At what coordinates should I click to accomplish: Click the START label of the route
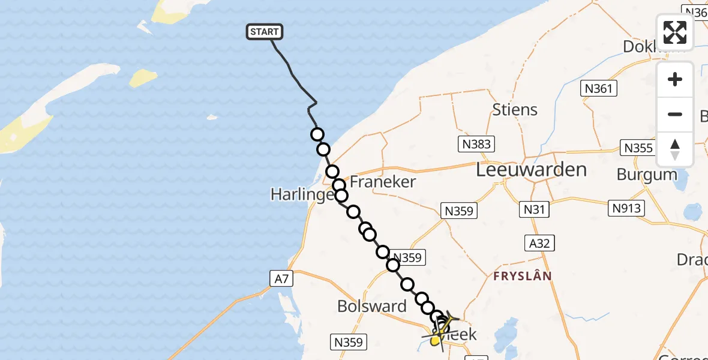(264, 32)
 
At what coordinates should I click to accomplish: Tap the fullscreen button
(675, 32)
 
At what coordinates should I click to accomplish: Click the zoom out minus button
(675, 115)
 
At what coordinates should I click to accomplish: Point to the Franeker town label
(383, 182)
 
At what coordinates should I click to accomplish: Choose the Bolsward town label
(372, 307)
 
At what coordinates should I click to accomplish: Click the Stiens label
(515, 110)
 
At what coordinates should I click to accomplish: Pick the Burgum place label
(647, 175)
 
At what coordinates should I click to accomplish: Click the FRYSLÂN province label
(522, 276)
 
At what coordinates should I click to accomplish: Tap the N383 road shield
(476, 144)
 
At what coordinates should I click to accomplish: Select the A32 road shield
(538, 242)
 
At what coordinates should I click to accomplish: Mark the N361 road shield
(599, 89)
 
